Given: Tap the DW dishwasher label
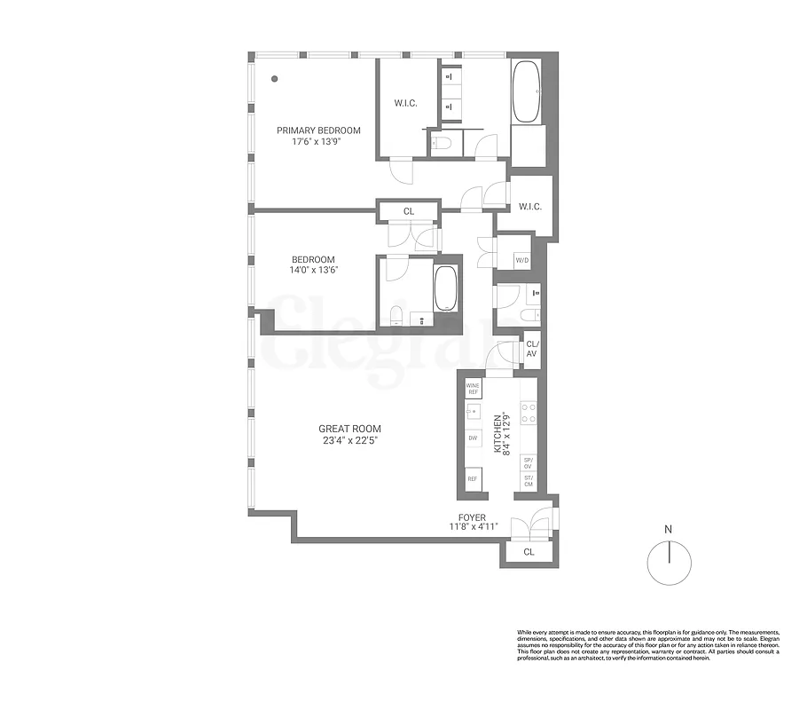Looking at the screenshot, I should [x=473, y=438].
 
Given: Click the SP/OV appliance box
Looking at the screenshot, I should [x=529, y=462].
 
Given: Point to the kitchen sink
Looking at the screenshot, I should [x=473, y=412].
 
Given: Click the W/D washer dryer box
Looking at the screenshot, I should [x=523, y=260].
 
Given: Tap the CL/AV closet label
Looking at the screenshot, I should [x=532, y=349].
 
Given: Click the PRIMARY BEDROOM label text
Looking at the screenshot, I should [x=317, y=130].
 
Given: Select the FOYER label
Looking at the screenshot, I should [x=472, y=516].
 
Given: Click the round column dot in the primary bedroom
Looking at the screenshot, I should [x=276, y=78].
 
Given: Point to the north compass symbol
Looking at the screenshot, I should [x=668, y=558].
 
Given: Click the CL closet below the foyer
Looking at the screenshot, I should [x=529, y=552].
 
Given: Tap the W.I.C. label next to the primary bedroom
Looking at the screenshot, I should [x=406, y=103].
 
